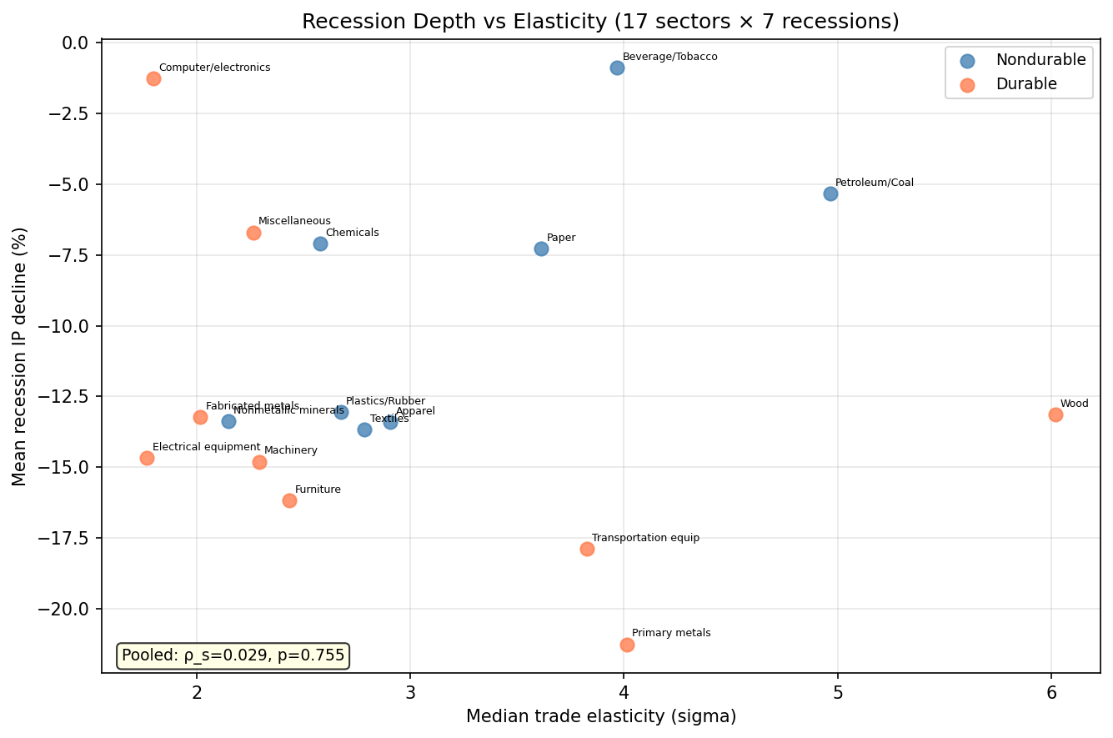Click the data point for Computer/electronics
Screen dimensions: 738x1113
tap(153, 78)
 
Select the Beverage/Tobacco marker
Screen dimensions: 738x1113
tap(617, 68)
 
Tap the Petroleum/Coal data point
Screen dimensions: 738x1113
tap(830, 193)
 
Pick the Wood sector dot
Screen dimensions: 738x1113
tap(1055, 414)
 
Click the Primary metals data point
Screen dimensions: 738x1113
tap(627, 645)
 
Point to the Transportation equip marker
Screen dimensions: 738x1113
tap(587, 549)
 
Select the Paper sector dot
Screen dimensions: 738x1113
tap(541, 249)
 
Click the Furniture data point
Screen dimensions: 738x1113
tap(289, 500)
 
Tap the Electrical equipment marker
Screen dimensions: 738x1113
tap(147, 458)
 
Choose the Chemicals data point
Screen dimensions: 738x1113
tap(320, 243)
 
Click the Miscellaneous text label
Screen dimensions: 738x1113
tap(294, 221)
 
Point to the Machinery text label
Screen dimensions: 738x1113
tap(290, 450)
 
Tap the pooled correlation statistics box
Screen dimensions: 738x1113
tap(233, 655)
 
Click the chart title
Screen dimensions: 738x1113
tap(600, 22)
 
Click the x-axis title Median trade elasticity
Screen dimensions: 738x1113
tap(600, 716)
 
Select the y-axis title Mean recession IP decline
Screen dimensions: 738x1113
tap(20, 356)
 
